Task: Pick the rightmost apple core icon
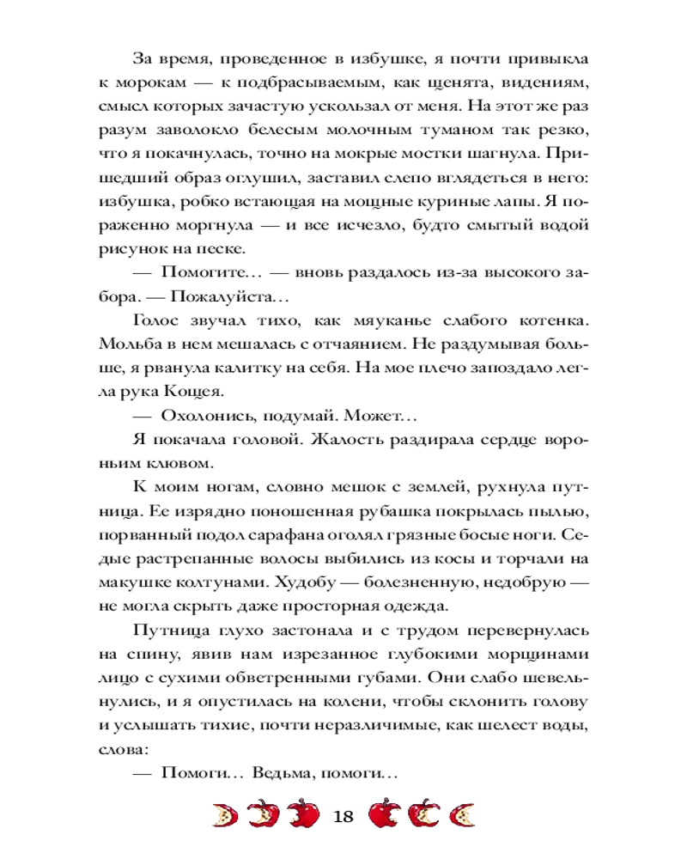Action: pyautogui.click(x=464, y=813)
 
